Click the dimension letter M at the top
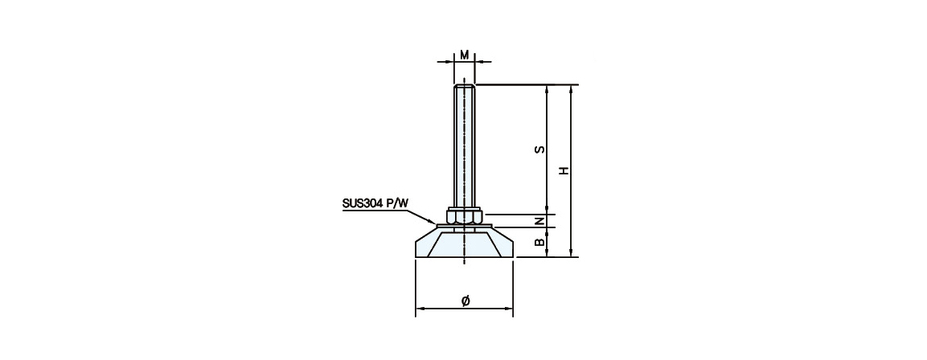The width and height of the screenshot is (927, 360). tap(465, 55)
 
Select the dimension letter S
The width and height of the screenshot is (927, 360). tap(539, 149)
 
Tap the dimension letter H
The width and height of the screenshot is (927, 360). tap(564, 170)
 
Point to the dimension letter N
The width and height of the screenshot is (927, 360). tap(539, 220)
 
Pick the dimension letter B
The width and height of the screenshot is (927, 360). tap(539, 242)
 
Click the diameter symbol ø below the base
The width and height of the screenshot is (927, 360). tap(466, 301)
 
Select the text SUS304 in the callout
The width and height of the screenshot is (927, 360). tap(363, 203)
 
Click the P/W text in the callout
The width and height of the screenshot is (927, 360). tap(398, 203)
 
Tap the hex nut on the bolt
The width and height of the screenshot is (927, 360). tap(465, 216)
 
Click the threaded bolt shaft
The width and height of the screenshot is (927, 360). tap(465, 146)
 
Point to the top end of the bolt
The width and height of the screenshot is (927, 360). tap(465, 86)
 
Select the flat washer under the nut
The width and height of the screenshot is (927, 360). tap(465, 225)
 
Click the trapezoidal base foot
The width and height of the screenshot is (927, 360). tap(465, 243)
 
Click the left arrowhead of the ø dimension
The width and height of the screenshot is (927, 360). tap(420, 309)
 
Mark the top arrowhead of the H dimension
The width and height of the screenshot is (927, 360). tap(571, 89)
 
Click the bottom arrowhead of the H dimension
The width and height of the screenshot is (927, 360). tap(571, 253)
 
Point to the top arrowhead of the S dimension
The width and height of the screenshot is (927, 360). tap(547, 89)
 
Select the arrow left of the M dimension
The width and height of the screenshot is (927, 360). tap(445, 61)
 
